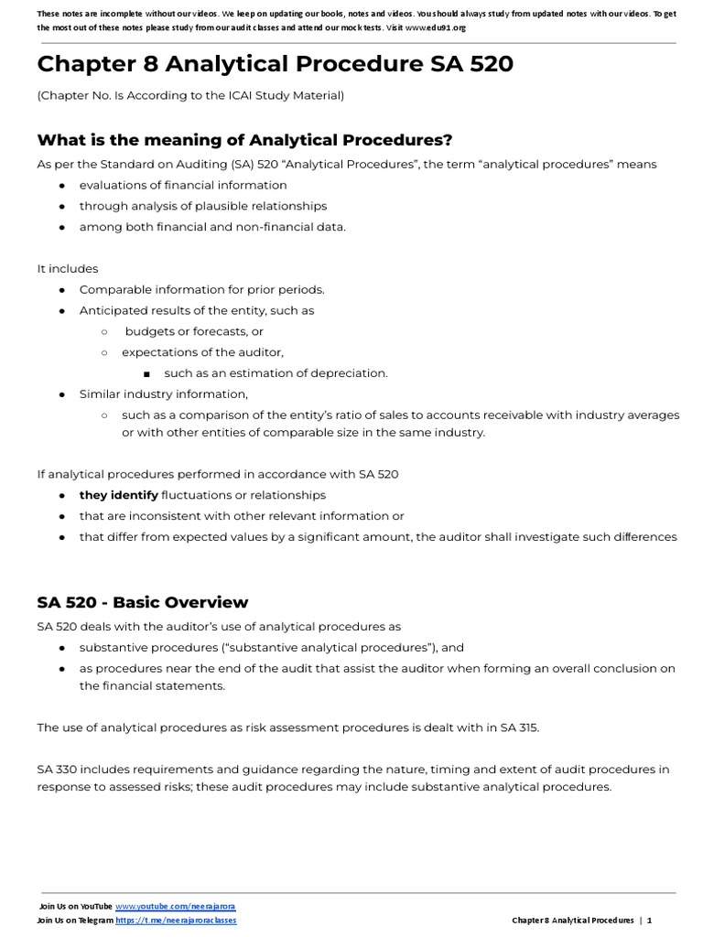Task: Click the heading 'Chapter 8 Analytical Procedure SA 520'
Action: [x=275, y=65]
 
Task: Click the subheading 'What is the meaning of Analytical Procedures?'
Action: [x=244, y=139]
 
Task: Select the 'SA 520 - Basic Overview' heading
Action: [x=142, y=602]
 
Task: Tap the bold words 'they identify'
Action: [x=118, y=495]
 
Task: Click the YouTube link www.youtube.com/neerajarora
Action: [x=175, y=906]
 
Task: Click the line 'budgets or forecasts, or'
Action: [x=194, y=331]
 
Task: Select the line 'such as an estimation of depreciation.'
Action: [x=276, y=372]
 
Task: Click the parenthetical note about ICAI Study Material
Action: [x=190, y=95]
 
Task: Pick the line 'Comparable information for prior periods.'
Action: [x=201, y=289]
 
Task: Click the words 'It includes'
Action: [x=67, y=269]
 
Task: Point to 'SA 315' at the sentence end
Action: [x=519, y=727]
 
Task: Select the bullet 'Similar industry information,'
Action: [x=163, y=393]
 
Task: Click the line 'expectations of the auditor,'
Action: [x=202, y=352]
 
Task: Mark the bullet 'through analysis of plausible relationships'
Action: [x=202, y=206]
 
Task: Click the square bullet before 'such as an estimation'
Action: [x=146, y=373]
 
